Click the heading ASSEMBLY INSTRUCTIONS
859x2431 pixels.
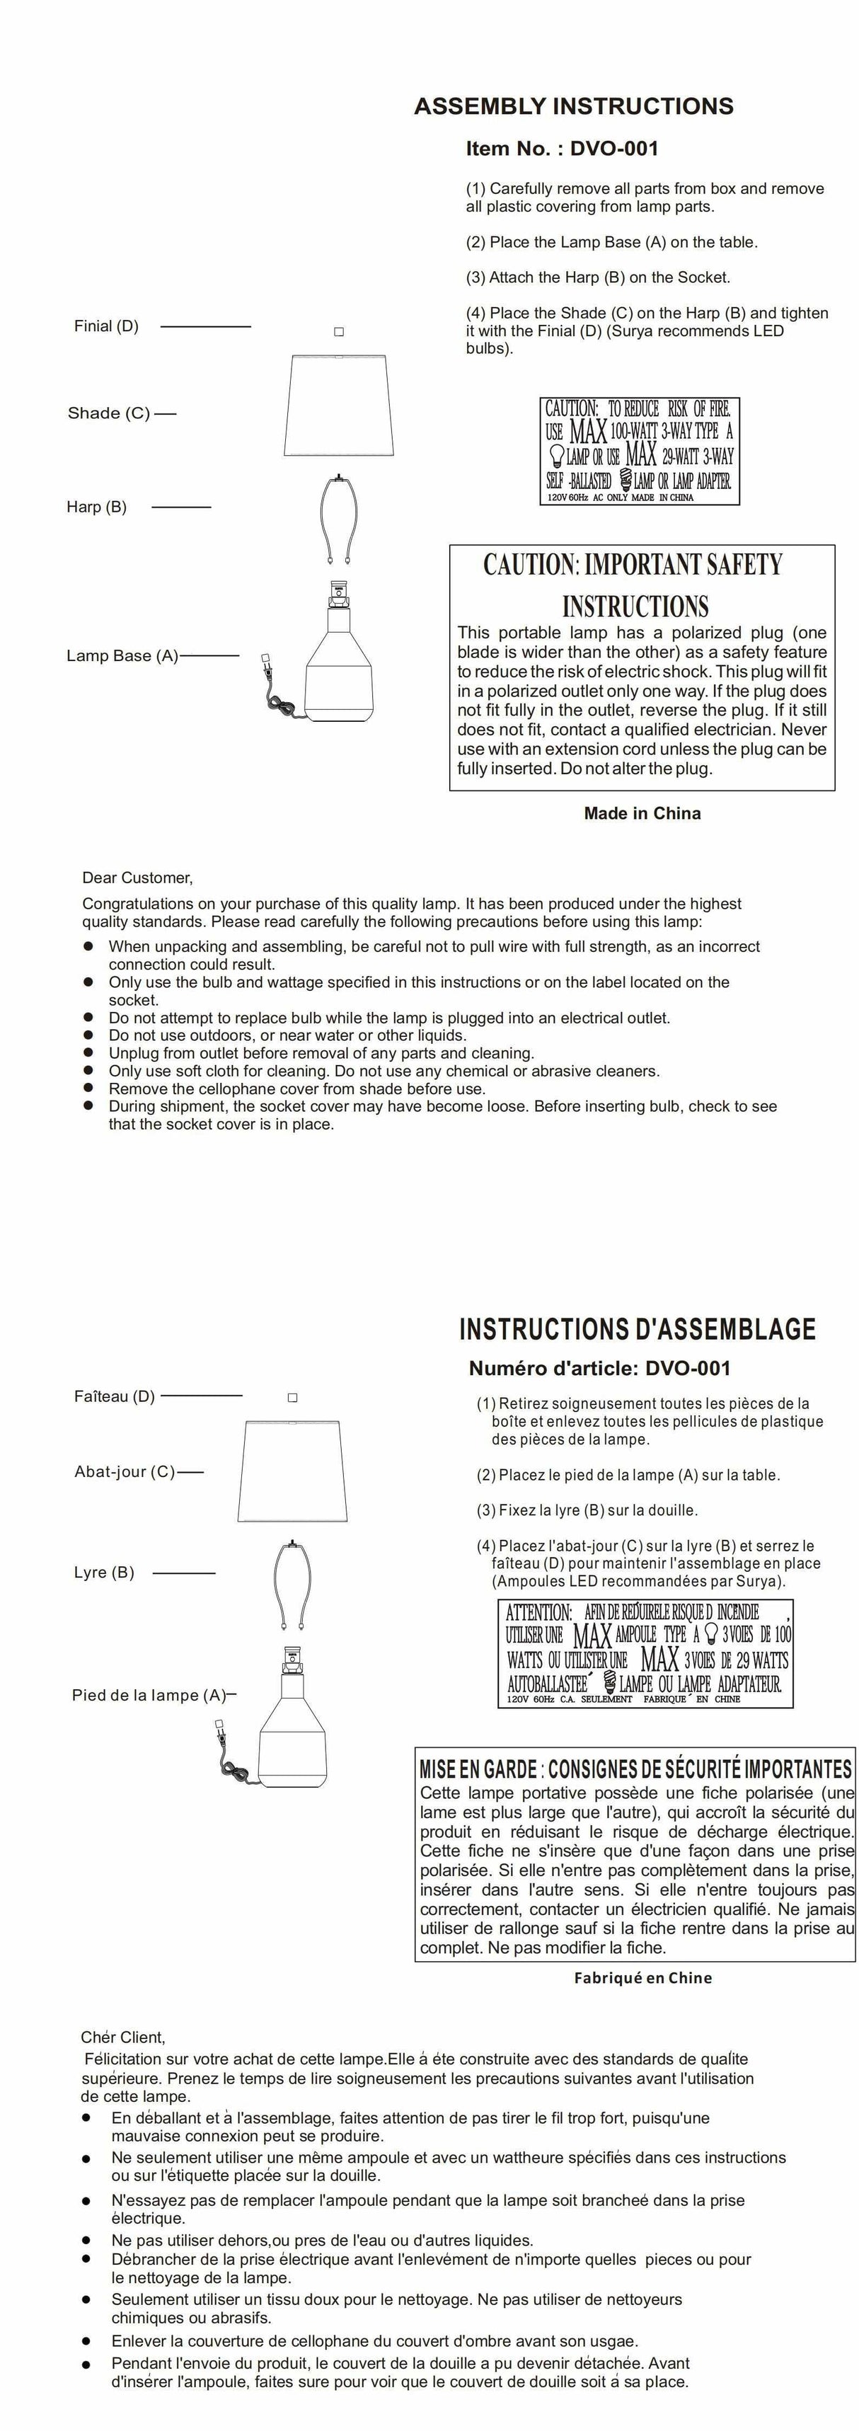click(573, 105)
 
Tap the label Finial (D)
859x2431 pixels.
click(105, 326)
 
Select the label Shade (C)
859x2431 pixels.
click(108, 413)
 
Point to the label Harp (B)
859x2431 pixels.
click(96, 507)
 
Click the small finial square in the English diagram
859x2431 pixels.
click(339, 332)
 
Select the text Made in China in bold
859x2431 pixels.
click(642, 813)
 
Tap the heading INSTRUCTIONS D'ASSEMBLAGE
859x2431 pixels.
click(637, 1330)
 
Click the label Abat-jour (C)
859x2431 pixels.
click(125, 1471)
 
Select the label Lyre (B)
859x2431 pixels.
click(104, 1573)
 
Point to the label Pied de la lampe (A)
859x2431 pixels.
click(149, 1695)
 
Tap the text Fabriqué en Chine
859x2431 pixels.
click(642, 1978)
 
